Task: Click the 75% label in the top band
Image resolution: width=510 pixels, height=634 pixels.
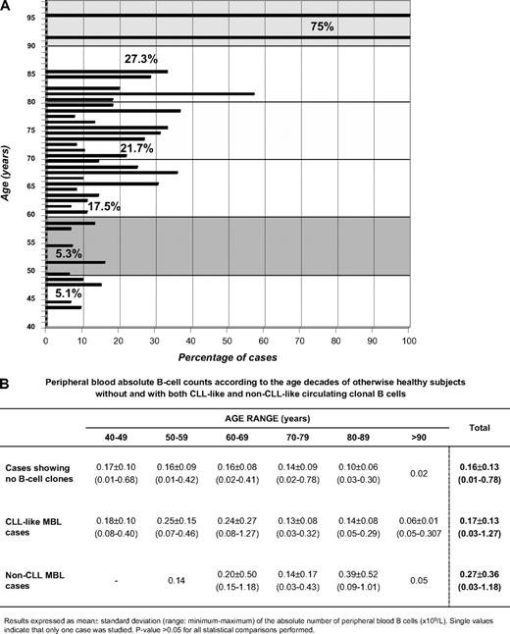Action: pyautogui.click(x=322, y=26)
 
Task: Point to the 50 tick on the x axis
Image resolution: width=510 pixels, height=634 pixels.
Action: pyautogui.click(x=228, y=342)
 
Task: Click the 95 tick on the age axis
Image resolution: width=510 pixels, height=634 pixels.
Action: pyautogui.click(x=30, y=18)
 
